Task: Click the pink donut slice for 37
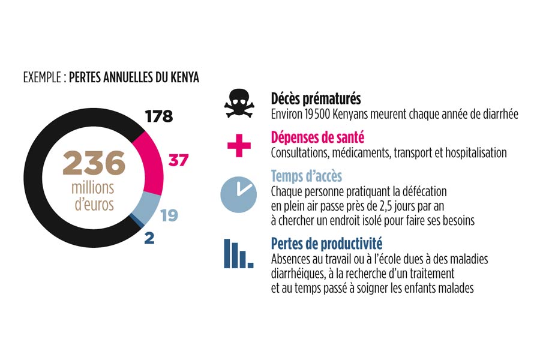pos(153,162)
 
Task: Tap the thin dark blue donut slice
pos(137,220)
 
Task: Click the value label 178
pos(159,116)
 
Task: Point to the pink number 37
pos(178,160)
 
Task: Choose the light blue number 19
pos(169,215)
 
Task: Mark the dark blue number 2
pos(149,238)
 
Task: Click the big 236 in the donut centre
pos(94,163)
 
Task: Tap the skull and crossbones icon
pos(239,104)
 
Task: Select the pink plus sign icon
pos(239,145)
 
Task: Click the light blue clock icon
pos(238,194)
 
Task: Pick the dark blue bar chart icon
pos(238,254)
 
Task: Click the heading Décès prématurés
pos(316,99)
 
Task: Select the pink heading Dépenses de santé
pos(317,137)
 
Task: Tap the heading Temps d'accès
pos(306,176)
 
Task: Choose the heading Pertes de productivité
pos(326,244)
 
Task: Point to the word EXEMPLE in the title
pos(43,77)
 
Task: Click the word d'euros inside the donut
pos(94,204)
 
